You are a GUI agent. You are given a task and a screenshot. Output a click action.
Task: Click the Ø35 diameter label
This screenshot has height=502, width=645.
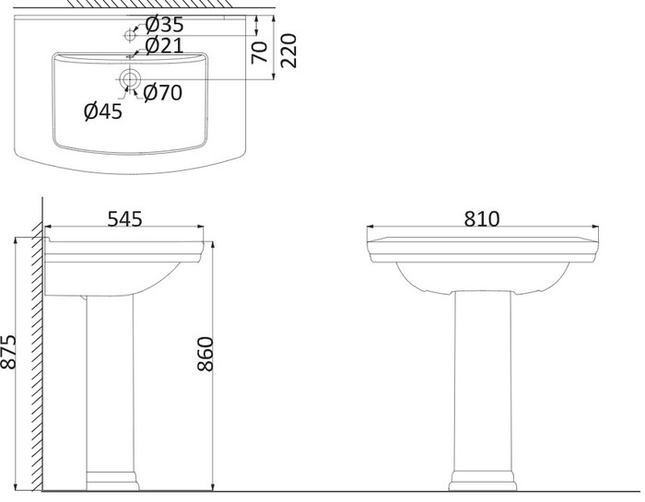pyautogui.click(x=165, y=25)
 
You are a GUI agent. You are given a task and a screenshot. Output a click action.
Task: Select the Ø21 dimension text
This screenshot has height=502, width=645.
pyautogui.click(x=165, y=45)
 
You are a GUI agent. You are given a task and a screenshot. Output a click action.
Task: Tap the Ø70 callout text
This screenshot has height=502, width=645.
pyautogui.click(x=163, y=92)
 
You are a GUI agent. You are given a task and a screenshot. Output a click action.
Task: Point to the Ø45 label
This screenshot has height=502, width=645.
pyautogui.click(x=103, y=111)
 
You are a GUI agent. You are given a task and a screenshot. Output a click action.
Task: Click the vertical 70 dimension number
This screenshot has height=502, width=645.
pyautogui.click(x=260, y=53)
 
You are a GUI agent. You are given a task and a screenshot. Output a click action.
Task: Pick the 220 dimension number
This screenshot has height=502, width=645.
pyautogui.click(x=288, y=51)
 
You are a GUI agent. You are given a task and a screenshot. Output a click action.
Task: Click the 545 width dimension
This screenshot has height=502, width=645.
pyautogui.click(x=124, y=218)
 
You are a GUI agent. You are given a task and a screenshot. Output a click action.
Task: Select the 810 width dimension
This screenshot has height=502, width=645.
pyautogui.click(x=482, y=218)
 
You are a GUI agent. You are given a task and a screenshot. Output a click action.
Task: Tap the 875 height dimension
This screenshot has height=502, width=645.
pyautogui.click(x=8, y=352)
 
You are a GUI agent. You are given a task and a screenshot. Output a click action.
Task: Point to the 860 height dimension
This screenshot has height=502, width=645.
pyautogui.click(x=205, y=354)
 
